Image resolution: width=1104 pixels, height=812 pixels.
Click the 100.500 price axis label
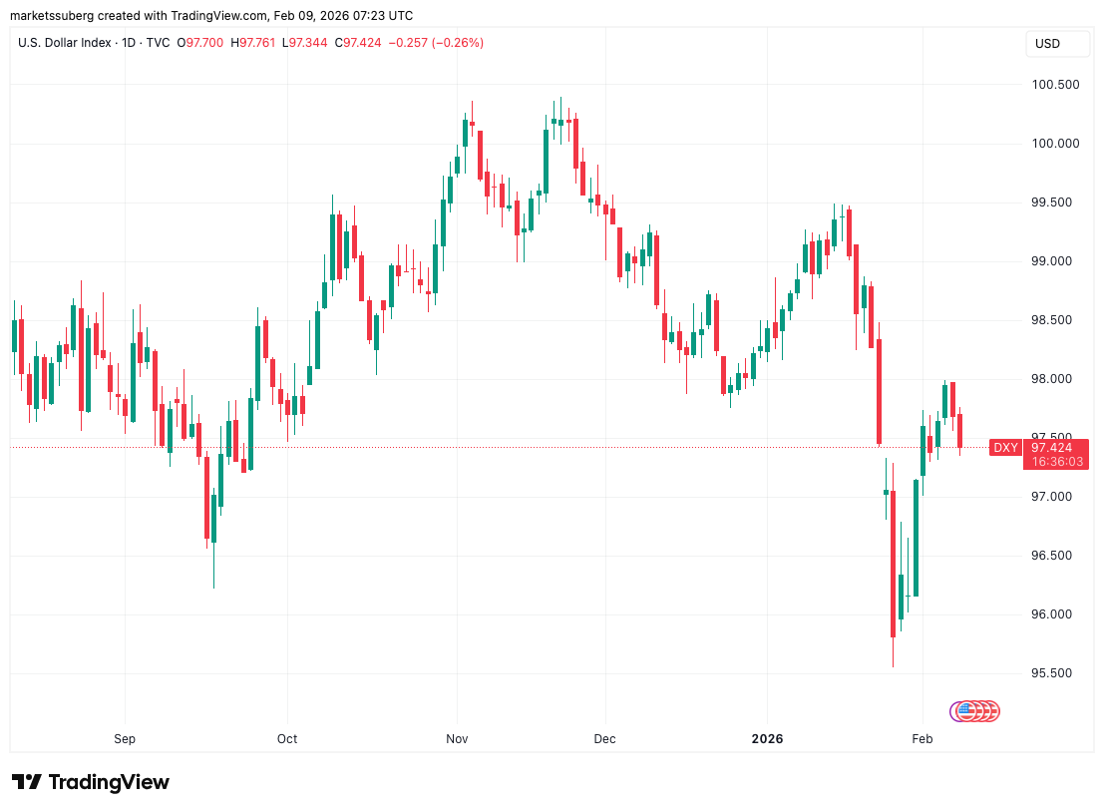[1055, 85]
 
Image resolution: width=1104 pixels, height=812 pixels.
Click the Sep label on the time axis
[125, 739]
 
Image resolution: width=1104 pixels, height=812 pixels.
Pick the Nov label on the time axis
[457, 739]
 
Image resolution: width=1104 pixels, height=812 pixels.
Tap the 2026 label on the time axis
[767, 739]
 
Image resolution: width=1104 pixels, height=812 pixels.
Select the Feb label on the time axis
[922, 739]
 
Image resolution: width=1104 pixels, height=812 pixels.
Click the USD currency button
[1047, 44]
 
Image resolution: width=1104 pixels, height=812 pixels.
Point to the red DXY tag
[1005, 448]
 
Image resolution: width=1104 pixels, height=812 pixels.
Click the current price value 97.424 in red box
[1057, 448]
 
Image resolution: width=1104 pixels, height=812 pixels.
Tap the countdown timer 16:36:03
[1057, 462]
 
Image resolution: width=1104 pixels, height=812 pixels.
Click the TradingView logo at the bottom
[91, 782]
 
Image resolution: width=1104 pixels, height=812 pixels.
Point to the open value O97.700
[201, 43]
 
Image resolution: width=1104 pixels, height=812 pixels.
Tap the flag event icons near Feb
[975, 711]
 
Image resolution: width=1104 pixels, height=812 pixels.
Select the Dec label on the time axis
[604, 739]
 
